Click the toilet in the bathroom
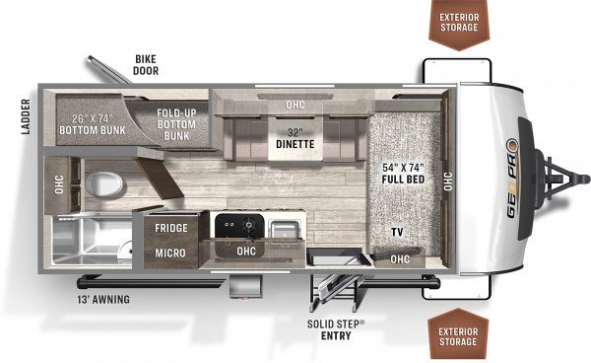pyautogui.click(x=104, y=184)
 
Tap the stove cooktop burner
pyautogui.click(x=248, y=225)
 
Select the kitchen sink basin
pyautogui.click(x=286, y=229)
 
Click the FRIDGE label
pyautogui.click(x=171, y=228)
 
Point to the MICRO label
pyautogui.click(x=170, y=253)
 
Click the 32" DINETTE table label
pyautogui.click(x=295, y=138)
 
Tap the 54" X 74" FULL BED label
pyautogui.click(x=403, y=174)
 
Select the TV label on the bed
pyautogui.click(x=397, y=232)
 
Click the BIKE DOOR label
pyautogui.click(x=146, y=65)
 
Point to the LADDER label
pyautogui.click(x=26, y=116)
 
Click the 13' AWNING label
pyautogui.click(x=103, y=300)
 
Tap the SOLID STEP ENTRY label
pyautogui.click(x=336, y=329)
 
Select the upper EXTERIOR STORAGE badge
pyautogui.click(x=459, y=25)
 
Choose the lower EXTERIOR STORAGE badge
pyautogui.click(x=458, y=334)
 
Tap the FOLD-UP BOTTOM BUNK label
pyautogui.click(x=176, y=124)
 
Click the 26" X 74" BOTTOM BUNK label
pyautogui.click(x=93, y=124)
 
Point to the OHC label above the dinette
pyautogui.click(x=295, y=105)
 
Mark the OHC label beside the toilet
pyautogui.click(x=59, y=184)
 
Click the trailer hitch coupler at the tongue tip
pyautogui.click(x=583, y=179)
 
